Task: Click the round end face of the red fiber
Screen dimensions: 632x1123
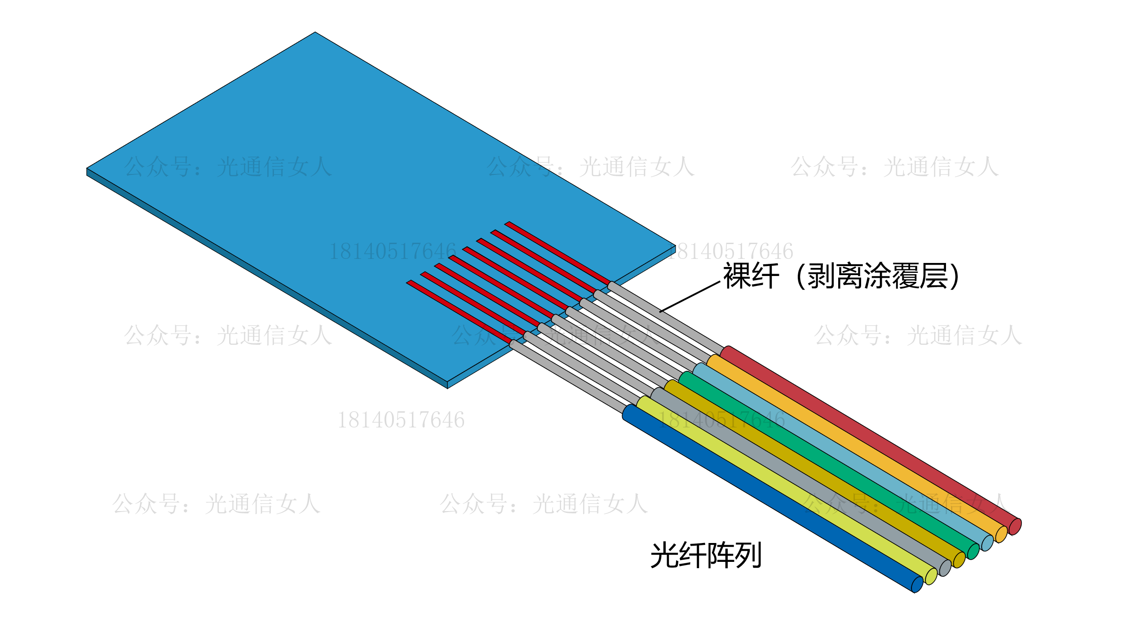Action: point(1015,526)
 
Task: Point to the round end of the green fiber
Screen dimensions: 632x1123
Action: point(973,552)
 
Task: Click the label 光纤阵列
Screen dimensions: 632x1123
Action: point(706,556)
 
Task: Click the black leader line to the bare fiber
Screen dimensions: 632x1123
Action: point(690,297)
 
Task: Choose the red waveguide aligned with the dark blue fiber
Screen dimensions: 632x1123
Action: point(459,312)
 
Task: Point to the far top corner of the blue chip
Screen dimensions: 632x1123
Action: point(315,33)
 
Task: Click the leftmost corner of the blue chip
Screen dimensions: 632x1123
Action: point(87,169)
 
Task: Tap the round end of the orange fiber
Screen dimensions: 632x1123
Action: point(1001,534)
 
